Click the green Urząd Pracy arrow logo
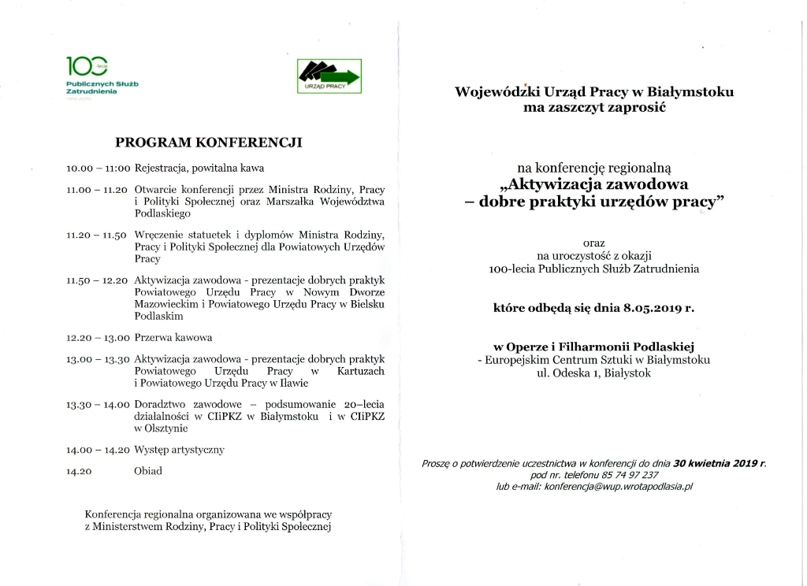329,76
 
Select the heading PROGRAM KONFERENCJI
209,143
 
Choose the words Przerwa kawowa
173,338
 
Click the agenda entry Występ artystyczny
180,450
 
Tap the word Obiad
148,471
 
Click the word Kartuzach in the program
361,371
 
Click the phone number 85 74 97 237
622,476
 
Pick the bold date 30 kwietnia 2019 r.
720,464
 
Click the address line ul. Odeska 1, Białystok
593,373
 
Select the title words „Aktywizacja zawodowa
593,185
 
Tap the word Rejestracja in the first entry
160,169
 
